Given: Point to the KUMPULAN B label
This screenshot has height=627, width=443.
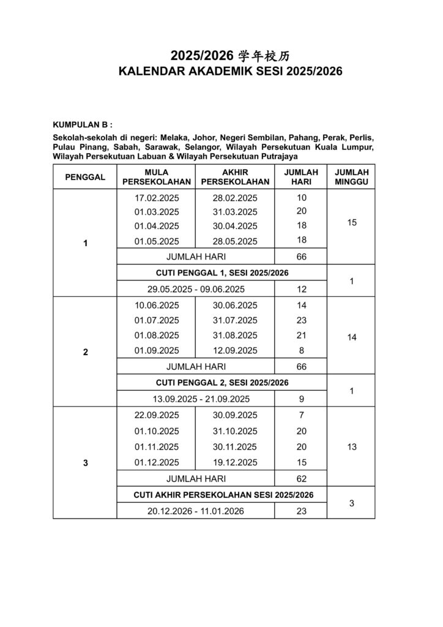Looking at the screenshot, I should point(81,124).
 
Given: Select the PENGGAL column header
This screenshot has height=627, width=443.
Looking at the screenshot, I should point(85,177).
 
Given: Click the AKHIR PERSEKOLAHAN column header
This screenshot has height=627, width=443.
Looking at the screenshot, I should point(236,177).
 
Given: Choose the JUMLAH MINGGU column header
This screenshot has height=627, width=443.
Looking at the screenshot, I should point(351,177).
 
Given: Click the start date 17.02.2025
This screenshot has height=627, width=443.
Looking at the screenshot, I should point(157,198).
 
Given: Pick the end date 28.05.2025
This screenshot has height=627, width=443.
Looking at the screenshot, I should point(236,241).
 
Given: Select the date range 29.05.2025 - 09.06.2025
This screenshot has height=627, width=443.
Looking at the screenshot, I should point(196,289).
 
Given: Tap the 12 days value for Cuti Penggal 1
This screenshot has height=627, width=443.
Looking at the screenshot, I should point(301,289).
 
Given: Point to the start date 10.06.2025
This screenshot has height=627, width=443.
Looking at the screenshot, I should point(157,306).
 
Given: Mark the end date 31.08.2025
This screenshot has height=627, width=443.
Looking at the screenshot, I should point(236,336).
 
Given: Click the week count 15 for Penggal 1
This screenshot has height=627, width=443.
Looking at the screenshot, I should point(351,223).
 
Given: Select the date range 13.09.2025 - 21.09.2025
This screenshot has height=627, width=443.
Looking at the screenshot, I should point(196,399).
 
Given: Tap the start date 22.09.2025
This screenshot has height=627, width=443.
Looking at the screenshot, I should point(157,415).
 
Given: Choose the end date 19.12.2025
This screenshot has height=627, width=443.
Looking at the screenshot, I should point(236,462).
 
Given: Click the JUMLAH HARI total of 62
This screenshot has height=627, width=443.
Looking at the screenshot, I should point(301,479).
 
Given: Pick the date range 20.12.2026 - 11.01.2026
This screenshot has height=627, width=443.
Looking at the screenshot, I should point(196,511).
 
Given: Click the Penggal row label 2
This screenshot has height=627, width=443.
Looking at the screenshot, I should point(85,352).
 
